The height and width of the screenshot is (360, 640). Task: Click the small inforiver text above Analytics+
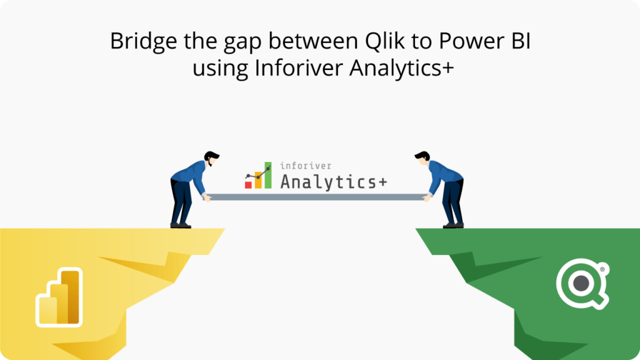(306, 166)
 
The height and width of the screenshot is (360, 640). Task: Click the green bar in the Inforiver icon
(267, 176)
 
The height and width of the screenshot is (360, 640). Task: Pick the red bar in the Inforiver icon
(248, 184)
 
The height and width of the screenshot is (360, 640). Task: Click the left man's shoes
(181, 224)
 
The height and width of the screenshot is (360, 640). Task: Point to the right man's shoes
(453, 224)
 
